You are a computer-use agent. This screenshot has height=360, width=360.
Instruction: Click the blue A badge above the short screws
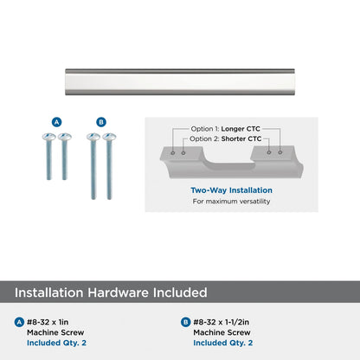coord(57,122)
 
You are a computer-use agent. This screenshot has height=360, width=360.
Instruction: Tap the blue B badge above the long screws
coord(101,122)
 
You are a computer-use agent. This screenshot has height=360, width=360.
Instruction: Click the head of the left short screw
coord(48,137)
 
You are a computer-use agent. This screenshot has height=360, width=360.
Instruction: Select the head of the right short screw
coord(65,137)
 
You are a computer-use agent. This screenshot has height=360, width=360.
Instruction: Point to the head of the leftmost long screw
coord(93,137)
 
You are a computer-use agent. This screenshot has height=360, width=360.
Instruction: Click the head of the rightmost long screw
coord(109,137)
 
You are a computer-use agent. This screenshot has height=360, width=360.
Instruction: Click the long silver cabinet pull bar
coord(180,82)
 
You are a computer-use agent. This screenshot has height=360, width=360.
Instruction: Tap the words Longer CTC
coord(241,129)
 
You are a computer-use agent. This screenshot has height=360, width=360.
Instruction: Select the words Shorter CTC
coord(241,138)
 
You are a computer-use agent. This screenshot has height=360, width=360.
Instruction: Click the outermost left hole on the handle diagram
coord(172,152)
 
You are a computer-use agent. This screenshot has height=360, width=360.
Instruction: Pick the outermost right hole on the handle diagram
coord(280,151)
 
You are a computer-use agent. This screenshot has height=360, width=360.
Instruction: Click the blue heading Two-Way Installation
coord(231,190)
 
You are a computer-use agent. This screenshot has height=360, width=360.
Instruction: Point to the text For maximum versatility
coord(231,202)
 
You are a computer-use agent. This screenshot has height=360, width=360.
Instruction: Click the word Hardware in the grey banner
coord(118,292)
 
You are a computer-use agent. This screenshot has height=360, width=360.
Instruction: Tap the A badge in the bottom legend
coord(19,322)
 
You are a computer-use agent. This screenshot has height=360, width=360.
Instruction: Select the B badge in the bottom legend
coord(185,322)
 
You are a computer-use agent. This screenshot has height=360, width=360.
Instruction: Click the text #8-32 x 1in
coord(48,322)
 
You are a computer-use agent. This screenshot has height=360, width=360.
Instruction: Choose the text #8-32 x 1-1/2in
coord(222,322)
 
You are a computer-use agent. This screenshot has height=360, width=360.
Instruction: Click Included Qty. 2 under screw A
coord(56,343)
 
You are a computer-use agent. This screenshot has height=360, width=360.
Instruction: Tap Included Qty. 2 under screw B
coord(223,343)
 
